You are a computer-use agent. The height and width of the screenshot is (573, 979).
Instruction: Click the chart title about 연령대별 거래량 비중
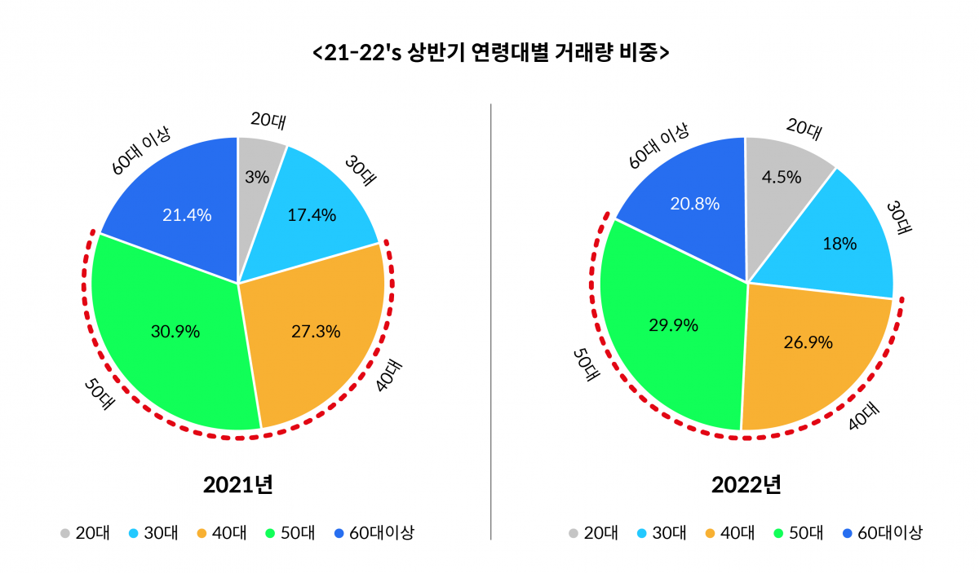[x=489, y=53]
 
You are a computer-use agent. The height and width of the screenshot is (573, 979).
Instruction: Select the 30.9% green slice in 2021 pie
[x=163, y=342]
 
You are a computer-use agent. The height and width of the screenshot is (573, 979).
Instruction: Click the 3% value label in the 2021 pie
[x=257, y=177]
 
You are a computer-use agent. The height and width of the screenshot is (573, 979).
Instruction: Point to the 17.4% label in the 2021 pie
[x=312, y=215]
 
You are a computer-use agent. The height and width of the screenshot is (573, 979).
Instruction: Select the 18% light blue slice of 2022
[x=840, y=244]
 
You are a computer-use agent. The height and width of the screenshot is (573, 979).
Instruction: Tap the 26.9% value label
[x=808, y=342]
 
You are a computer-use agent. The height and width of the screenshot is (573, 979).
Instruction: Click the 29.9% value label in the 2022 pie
[x=673, y=325]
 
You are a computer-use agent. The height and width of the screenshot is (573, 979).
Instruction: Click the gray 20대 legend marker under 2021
[x=64, y=534]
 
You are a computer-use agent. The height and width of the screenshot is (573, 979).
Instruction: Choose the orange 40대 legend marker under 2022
[x=710, y=534]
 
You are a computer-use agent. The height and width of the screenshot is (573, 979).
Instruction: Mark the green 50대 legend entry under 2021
[x=289, y=534]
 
